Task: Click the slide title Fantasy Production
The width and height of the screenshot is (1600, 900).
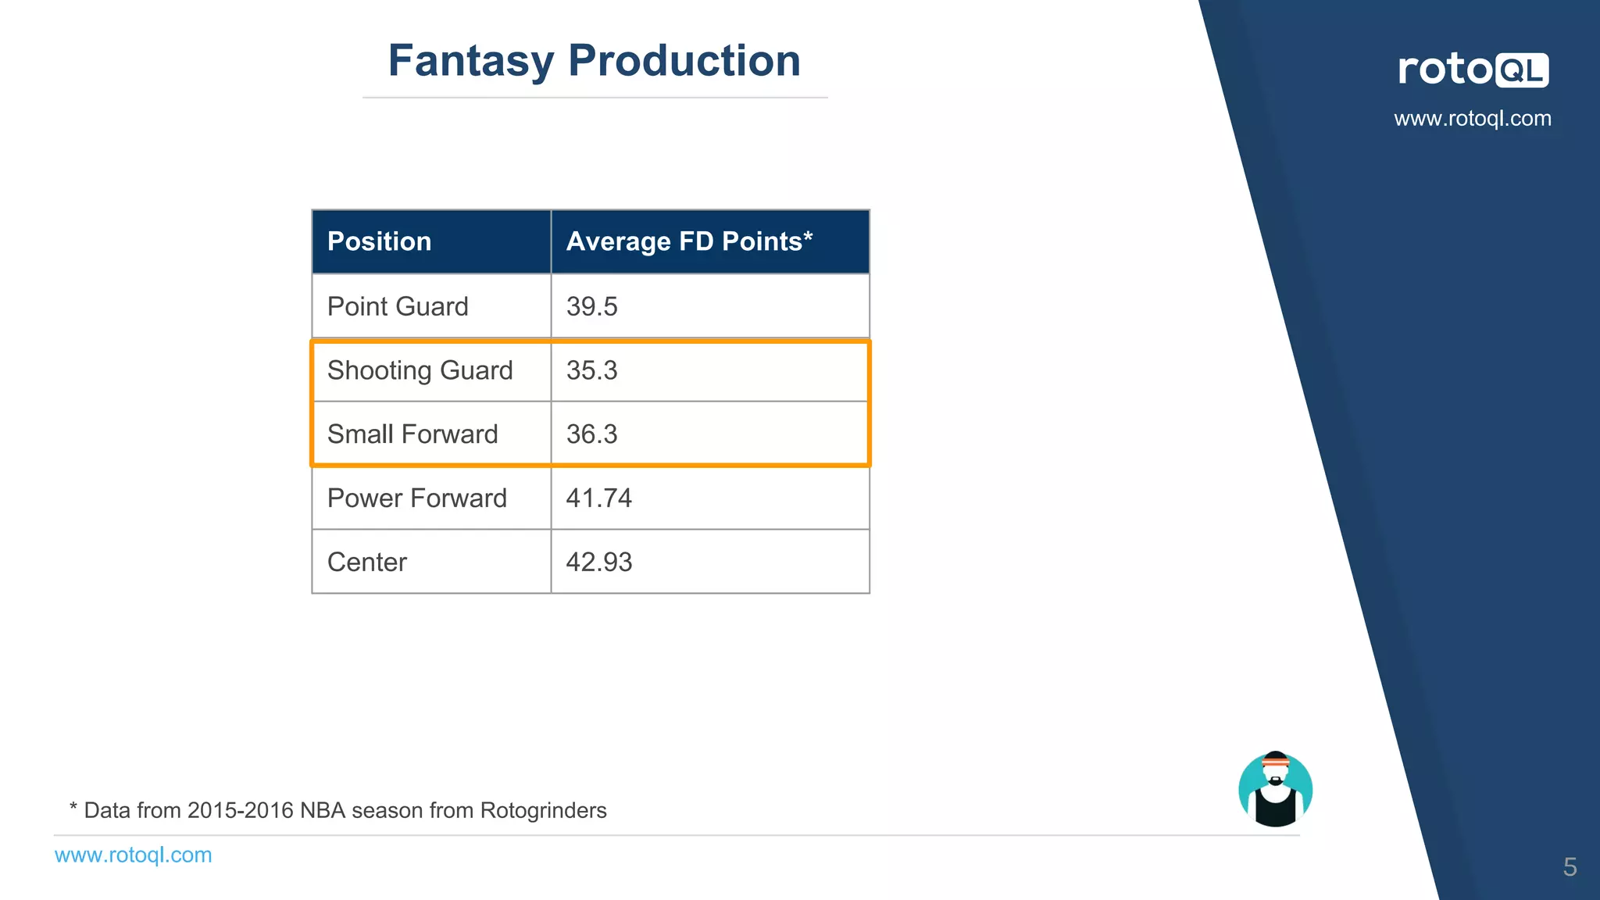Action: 594,61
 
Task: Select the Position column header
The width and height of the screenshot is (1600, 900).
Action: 379,241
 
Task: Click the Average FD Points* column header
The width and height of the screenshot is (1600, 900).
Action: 689,241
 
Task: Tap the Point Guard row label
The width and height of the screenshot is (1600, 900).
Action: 398,306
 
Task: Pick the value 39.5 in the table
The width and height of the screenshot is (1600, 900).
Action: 591,306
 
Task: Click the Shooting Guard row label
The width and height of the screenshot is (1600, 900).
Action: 420,370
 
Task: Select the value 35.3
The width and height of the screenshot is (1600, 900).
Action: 591,370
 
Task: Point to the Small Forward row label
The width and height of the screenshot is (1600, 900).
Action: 412,434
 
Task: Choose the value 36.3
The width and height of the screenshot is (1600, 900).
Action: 591,434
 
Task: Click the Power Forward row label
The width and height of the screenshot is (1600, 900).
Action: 416,498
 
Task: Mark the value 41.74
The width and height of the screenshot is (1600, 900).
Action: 598,498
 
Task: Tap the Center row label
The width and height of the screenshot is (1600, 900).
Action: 366,562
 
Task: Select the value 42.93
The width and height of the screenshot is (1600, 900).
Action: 598,562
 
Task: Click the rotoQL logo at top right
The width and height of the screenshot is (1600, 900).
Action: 1473,70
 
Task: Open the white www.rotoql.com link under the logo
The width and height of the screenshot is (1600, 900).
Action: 1473,119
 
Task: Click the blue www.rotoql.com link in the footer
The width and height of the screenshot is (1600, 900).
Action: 133,855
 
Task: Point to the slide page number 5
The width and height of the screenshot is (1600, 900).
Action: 1570,867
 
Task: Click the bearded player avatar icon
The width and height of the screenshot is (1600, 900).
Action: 1275,790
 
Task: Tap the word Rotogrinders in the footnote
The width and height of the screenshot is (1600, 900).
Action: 543,811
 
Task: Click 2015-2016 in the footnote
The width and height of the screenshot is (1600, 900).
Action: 240,811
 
